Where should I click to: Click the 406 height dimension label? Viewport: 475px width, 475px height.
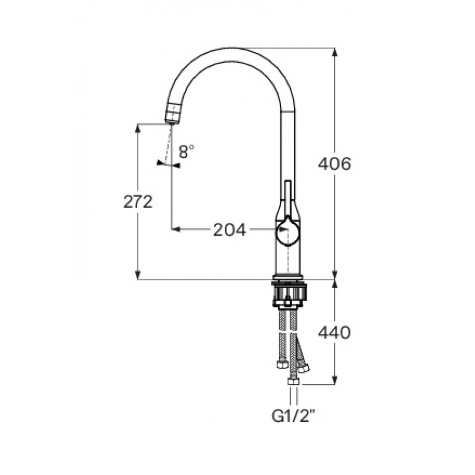coord(334,164)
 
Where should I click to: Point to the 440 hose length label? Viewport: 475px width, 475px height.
coord(334,332)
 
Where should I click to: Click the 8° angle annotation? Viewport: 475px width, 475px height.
coord(186,152)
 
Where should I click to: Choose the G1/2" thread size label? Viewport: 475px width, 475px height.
coord(291,417)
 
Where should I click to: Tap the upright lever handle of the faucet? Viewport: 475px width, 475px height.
coord(288,197)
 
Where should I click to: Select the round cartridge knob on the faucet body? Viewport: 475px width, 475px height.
coord(288,231)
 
